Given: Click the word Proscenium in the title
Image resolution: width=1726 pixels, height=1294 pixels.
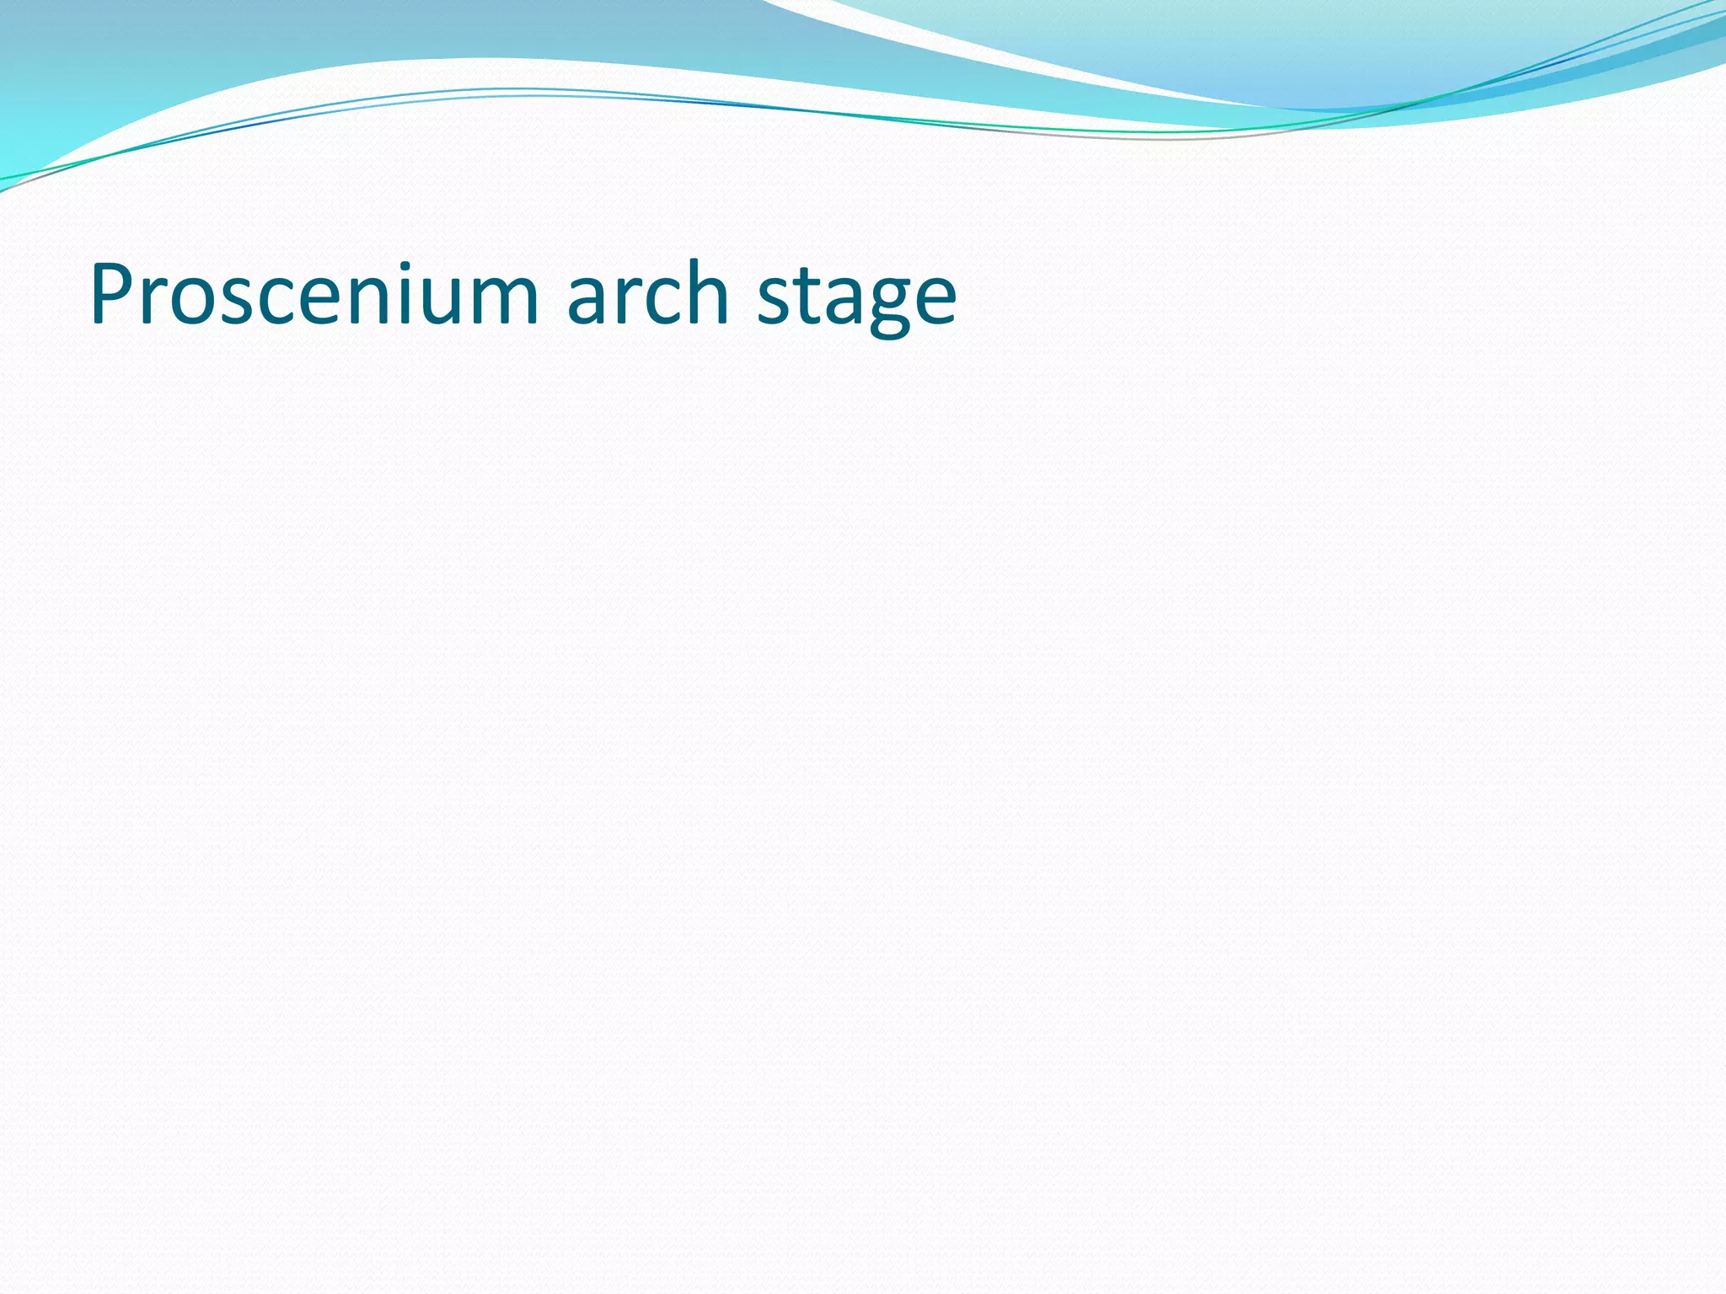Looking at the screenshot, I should tap(314, 295).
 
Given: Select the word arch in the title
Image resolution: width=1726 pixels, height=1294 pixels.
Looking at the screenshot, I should tap(647, 295).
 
